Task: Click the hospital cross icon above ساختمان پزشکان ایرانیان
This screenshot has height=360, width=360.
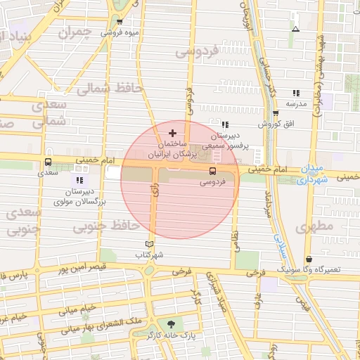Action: pyautogui.click(x=173, y=133)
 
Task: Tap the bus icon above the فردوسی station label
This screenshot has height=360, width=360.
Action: pyautogui.click(x=212, y=170)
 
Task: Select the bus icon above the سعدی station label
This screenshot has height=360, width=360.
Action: pyautogui.click(x=48, y=161)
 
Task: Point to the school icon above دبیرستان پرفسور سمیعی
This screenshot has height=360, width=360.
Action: pyautogui.click(x=225, y=124)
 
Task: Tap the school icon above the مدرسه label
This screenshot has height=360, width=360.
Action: pyautogui.click(x=296, y=93)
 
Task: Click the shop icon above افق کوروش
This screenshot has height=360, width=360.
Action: pyautogui.click(x=276, y=113)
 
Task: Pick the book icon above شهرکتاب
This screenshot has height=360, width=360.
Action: pyautogui.click(x=148, y=243)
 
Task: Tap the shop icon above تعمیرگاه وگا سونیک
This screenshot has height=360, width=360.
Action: pyautogui.click(x=309, y=259)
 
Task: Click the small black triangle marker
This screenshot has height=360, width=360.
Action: pyautogui.click(x=295, y=29)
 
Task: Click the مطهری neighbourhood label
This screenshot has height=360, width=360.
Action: pyautogui.click(x=314, y=227)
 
